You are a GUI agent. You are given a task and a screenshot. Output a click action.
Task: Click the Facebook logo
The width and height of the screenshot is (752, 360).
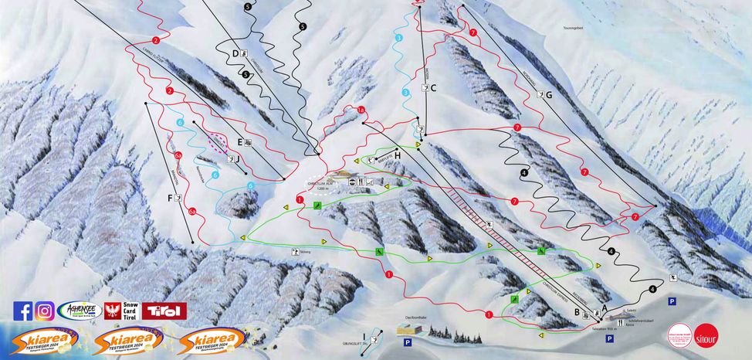[23, 311]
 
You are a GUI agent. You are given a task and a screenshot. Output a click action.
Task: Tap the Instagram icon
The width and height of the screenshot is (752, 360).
[44, 311]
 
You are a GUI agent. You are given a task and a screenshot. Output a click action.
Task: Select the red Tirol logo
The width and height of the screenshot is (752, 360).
[164, 311]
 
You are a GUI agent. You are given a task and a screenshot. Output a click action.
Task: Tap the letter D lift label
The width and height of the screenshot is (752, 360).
[235, 54]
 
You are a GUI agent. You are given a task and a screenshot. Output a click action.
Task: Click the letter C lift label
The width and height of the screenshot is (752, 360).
[433, 89]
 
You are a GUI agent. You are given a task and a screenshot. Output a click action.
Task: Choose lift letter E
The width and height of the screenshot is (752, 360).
[240, 141]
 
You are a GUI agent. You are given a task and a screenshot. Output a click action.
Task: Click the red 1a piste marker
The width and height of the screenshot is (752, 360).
[361, 110]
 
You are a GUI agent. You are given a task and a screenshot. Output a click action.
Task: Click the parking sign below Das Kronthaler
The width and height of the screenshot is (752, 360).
[407, 341]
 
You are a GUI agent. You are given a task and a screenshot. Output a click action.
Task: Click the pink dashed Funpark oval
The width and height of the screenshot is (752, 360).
[218, 144]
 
